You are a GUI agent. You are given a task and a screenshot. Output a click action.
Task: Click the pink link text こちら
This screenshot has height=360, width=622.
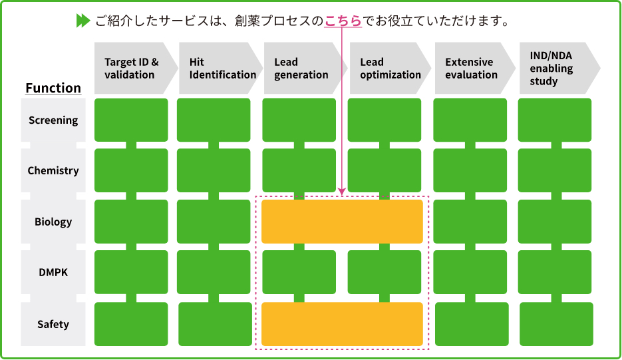(x=343, y=21)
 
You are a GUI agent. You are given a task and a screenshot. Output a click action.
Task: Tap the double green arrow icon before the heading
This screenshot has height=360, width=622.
(x=83, y=21)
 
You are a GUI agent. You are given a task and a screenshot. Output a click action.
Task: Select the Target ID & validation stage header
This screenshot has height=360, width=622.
(x=133, y=69)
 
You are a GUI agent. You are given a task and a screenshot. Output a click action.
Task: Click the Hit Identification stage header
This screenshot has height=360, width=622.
(x=220, y=69)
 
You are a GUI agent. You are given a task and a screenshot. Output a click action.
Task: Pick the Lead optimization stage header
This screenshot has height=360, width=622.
(x=389, y=69)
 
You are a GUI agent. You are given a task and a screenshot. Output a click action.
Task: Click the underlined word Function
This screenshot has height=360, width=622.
(x=53, y=88)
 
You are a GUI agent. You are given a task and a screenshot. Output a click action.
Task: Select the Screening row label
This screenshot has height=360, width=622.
(x=53, y=120)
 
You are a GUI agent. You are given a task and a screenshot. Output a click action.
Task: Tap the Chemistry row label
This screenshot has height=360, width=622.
(x=53, y=171)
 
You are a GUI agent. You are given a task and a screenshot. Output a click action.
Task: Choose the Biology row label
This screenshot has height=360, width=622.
(x=53, y=222)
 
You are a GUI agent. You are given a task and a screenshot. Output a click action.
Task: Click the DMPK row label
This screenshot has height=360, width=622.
(x=53, y=273)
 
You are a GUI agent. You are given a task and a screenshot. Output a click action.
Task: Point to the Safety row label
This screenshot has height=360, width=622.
(x=53, y=325)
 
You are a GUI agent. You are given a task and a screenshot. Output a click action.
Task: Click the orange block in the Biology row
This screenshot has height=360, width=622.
(x=342, y=222)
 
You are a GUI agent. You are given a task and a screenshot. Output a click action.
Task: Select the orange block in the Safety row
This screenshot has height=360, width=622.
(x=342, y=324)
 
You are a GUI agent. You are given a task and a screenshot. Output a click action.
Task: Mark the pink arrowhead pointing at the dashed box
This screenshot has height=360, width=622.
(x=342, y=191)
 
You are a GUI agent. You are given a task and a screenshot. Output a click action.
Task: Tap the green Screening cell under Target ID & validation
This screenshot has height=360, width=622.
(x=131, y=120)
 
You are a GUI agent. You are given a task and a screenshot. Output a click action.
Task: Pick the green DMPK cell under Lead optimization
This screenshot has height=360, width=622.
(x=385, y=272)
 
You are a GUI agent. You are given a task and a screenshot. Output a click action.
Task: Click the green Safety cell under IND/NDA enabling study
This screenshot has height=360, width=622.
(x=556, y=324)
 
